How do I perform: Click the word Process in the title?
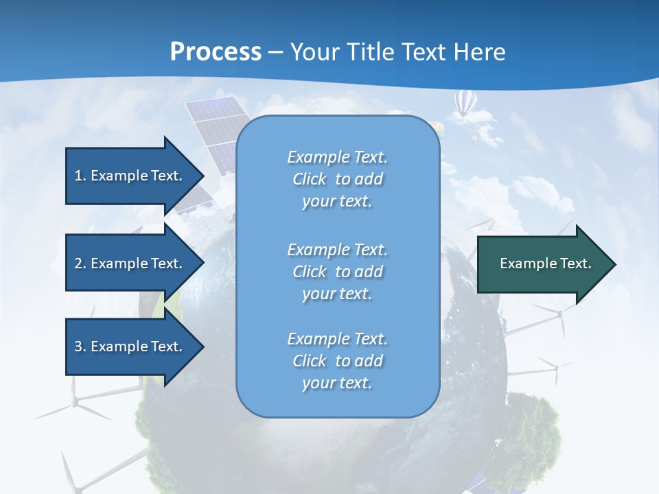click(216, 52)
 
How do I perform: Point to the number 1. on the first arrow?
click(80, 176)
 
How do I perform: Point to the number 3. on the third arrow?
click(80, 346)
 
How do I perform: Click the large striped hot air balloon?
click(465, 103)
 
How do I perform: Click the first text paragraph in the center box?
click(337, 179)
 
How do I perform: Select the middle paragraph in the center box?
click(337, 272)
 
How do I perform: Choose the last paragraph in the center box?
click(337, 361)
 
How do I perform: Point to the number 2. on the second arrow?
click(80, 263)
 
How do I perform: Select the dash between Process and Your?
click(275, 52)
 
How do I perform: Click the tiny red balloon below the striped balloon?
click(473, 139)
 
